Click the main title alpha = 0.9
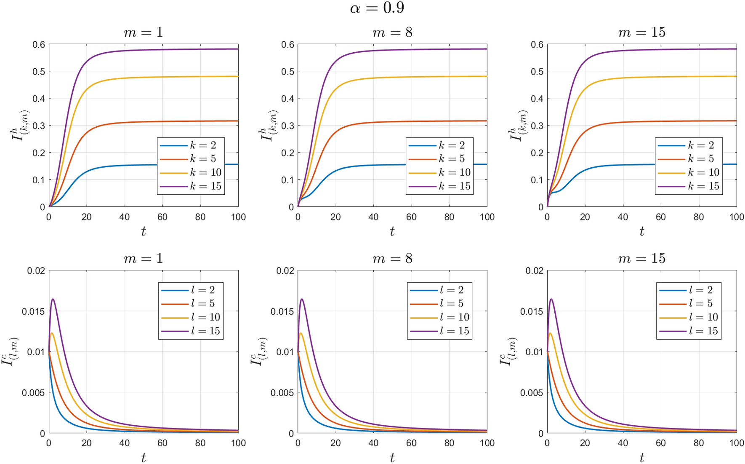click(x=377, y=8)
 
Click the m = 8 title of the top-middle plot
click(x=392, y=32)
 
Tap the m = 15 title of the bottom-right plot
click(x=641, y=258)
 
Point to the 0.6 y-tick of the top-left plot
click(x=39, y=45)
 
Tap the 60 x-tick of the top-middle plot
click(x=411, y=217)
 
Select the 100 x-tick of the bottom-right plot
click(x=736, y=443)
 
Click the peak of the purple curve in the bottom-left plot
click(x=53, y=299)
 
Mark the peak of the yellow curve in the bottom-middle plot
click(x=301, y=333)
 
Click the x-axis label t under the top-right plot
click(x=641, y=231)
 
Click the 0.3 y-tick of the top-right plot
click(x=537, y=126)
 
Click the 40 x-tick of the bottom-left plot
click(x=125, y=443)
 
